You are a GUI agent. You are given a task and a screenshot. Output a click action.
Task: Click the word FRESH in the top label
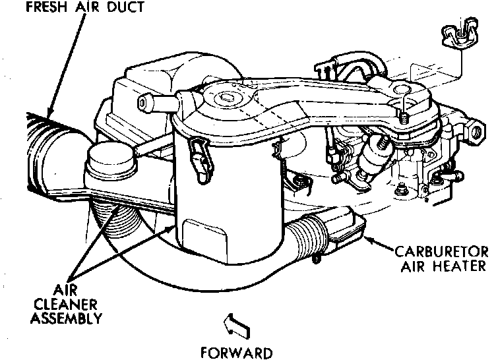click(28, 7)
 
